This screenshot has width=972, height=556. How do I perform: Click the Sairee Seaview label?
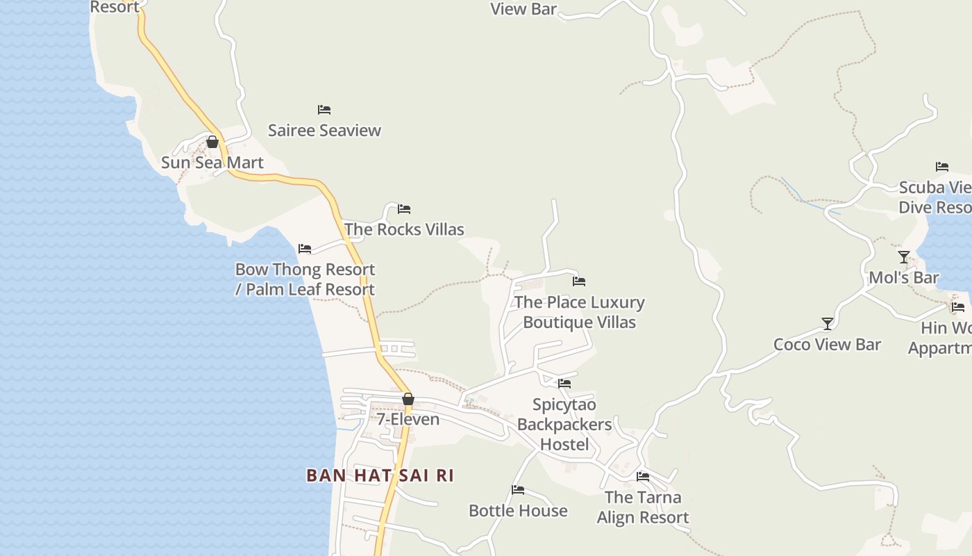324,131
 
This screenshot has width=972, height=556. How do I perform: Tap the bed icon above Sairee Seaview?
324,110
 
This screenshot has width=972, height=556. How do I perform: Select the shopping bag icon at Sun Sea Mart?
212,142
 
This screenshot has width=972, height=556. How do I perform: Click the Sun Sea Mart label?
212,163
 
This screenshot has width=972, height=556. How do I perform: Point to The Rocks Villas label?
404,229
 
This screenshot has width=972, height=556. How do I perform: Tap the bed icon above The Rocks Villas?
404,209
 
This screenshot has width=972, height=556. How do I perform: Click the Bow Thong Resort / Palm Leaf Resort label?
305,279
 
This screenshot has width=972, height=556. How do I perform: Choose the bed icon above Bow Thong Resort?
305,249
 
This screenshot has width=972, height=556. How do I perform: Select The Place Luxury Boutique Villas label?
579,312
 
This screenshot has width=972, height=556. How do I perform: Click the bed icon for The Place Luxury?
579,281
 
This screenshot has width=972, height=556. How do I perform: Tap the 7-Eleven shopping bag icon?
408,399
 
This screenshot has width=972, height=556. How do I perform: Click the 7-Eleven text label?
408,420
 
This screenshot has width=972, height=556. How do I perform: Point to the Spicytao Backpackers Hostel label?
564,425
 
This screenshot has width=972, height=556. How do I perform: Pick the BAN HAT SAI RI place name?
380,475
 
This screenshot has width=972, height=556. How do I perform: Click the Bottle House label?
518,511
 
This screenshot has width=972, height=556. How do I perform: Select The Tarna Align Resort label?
643,507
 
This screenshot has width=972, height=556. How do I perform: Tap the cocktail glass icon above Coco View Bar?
828,324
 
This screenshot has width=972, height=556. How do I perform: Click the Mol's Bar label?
904,278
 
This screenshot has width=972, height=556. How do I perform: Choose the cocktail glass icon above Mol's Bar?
904,257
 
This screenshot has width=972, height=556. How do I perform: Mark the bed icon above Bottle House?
518,490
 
